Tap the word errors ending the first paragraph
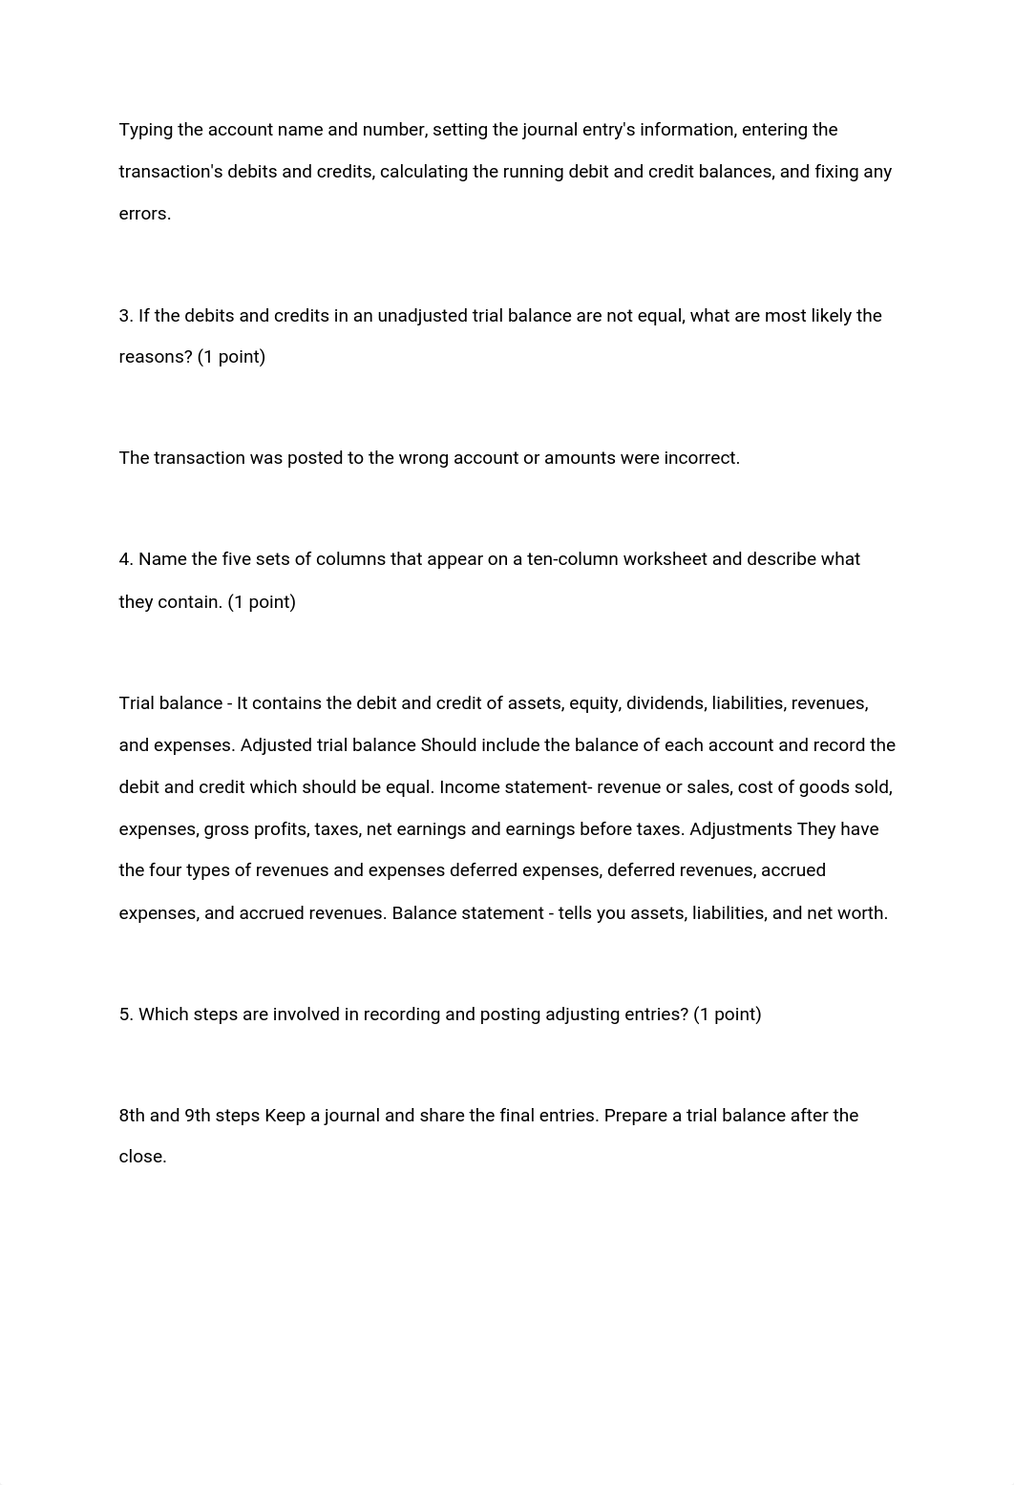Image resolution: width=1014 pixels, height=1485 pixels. point(144,214)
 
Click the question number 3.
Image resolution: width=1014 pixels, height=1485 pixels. point(125,316)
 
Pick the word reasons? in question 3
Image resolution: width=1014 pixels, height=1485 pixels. point(155,357)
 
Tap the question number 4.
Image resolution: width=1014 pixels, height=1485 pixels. point(125,559)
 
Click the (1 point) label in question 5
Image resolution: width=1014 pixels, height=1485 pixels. point(728,1014)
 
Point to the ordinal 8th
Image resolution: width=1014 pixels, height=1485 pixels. point(132,1116)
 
